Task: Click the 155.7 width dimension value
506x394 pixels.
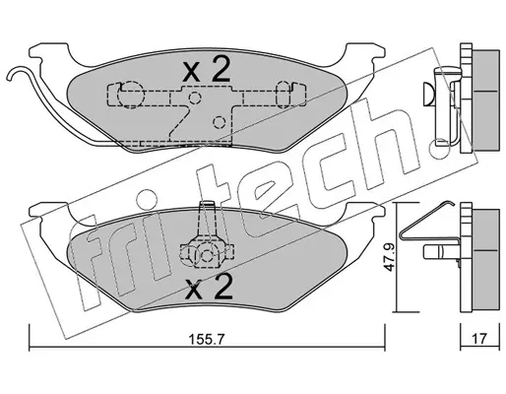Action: click(x=206, y=339)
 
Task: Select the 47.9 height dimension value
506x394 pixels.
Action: click(x=390, y=257)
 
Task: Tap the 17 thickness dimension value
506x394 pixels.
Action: click(x=479, y=338)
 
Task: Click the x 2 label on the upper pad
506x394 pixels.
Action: click(x=207, y=69)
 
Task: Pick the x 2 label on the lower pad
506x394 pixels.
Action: click(x=209, y=287)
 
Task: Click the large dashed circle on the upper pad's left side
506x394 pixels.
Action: click(x=131, y=95)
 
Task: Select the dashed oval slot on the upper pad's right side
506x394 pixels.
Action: click(x=285, y=95)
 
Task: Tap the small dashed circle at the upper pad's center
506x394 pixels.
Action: click(x=195, y=98)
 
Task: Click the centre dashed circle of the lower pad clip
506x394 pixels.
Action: click(x=207, y=255)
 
